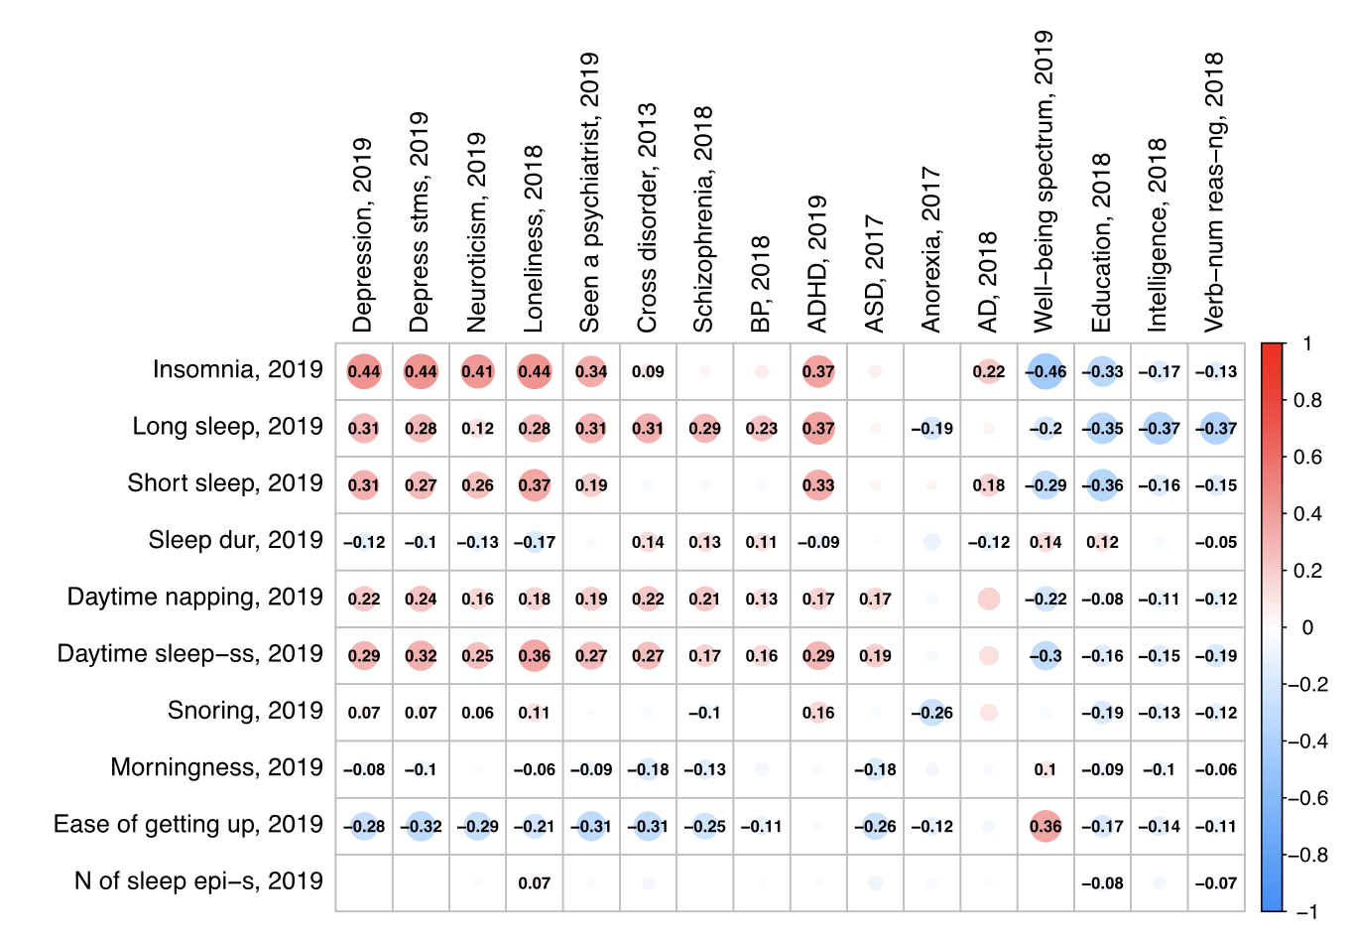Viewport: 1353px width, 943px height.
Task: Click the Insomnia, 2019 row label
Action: pos(238,370)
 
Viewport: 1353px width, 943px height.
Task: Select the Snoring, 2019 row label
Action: pos(245,711)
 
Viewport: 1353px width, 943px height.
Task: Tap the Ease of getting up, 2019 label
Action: pos(188,825)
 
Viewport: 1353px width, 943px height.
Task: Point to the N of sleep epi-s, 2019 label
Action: pos(198,881)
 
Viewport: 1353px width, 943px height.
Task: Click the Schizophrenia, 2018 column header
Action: pos(703,219)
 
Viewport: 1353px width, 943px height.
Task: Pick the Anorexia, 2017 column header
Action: pos(930,249)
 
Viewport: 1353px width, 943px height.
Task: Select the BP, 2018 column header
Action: pos(761,284)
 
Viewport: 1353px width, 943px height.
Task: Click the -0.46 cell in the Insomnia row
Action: pos(1045,372)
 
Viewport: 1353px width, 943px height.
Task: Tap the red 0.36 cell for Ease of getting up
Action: pos(1045,826)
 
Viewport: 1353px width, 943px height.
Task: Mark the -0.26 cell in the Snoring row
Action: pos(932,713)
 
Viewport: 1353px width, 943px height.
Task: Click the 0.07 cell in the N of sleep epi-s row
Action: pos(535,882)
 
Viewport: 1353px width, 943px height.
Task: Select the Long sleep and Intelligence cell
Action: pos(1159,429)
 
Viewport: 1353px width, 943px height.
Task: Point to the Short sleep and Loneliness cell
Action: pos(535,485)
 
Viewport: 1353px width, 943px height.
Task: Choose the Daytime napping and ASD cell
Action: pos(875,599)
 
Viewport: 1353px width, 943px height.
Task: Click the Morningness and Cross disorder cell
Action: pos(648,769)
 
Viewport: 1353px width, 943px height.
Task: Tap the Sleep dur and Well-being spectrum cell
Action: pos(1045,542)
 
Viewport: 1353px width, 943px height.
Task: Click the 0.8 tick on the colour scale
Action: pos(1308,401)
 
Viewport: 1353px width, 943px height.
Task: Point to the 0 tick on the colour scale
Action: pos(1306,628)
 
